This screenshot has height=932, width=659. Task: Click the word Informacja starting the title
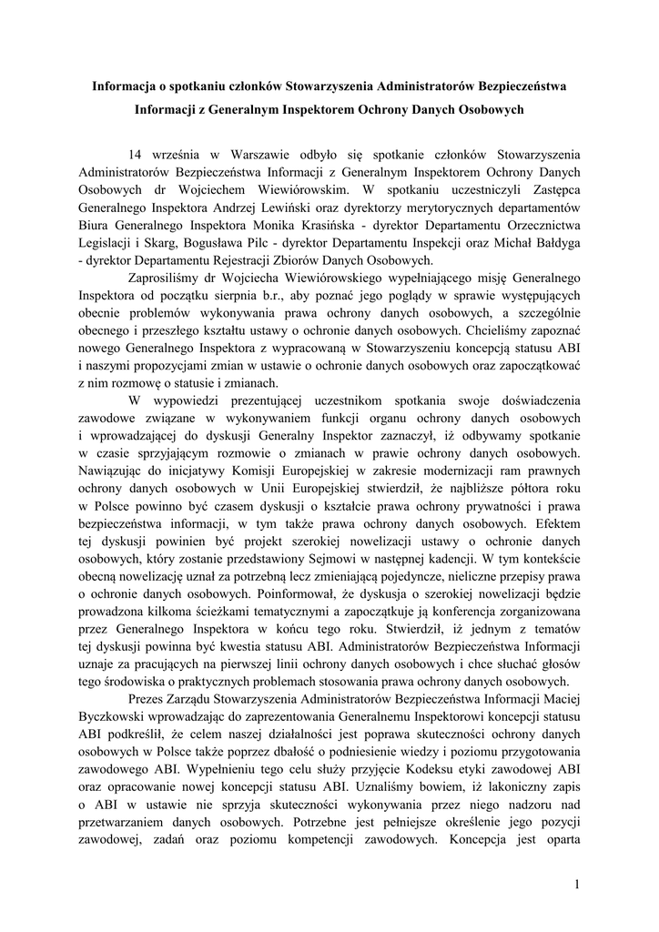128,86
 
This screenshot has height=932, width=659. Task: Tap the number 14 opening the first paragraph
137,154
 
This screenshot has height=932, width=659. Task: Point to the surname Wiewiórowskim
302,190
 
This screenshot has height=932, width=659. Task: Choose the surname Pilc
208,245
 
